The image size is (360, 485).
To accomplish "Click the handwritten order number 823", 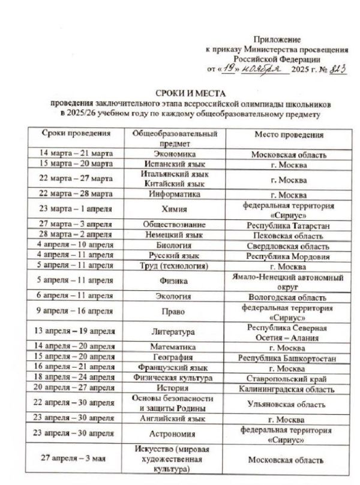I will (x=336, y=69).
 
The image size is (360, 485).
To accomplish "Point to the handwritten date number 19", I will (x=229, y=69).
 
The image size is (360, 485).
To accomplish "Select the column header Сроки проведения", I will (x=76, y=134).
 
